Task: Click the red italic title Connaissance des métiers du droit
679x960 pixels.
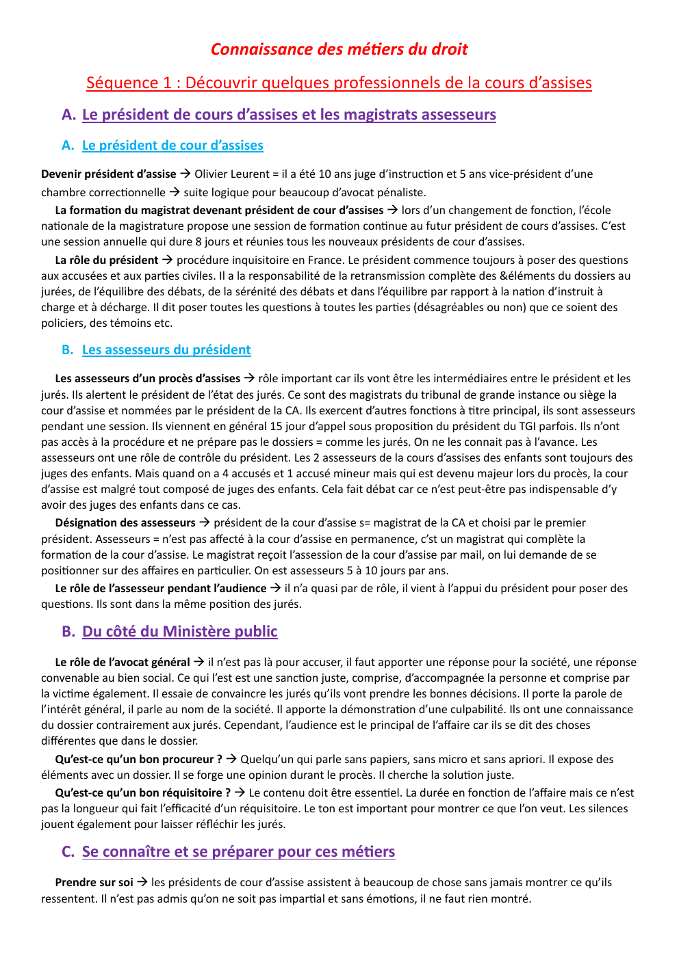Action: [339, 49]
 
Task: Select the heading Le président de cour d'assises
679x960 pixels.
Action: [172, 145]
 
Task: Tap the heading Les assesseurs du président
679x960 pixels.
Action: [166, 349]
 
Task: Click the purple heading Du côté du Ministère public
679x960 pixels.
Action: [180, 631]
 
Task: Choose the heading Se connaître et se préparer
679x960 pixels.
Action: [238, 851]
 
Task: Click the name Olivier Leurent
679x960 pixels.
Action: [232, 174]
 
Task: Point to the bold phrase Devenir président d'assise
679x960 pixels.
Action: [108, 174]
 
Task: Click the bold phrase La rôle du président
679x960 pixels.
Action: [106, 260]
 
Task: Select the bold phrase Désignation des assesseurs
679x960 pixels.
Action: [125, 522]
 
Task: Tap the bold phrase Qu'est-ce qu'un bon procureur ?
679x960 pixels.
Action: [138, 759]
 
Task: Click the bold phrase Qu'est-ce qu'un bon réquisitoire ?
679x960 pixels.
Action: [143, 792]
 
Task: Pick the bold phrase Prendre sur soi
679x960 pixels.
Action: [94, 882]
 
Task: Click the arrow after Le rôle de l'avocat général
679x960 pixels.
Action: [198, 662]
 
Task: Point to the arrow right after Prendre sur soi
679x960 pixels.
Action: [142, 882]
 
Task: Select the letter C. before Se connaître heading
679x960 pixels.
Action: [68, 851]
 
